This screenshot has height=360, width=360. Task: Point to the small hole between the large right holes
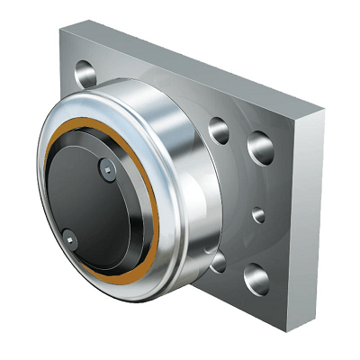coord(258,215)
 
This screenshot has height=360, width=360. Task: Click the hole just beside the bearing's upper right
coord(220,131)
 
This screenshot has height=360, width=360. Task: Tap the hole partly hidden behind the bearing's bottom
coord(218,261)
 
